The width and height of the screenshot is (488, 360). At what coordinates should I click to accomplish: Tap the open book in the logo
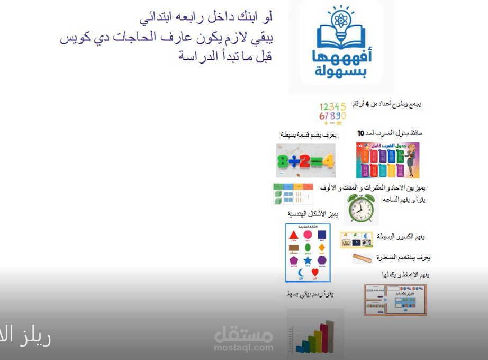pyautogui.click(x=341, y=38)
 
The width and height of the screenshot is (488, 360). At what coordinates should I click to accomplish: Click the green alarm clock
pyautogui.click(x=361, y=210)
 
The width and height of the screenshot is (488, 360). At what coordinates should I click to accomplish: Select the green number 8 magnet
pyautogui.click(x=285, y=160)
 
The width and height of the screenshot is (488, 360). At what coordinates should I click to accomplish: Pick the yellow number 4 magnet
pyautogui.click(x=328, y=160)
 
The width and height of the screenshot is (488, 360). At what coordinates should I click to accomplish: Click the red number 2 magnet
pyautogui.click(x=304, y=160)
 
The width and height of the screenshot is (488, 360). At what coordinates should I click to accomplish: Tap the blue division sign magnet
pyautogui.click(x=294, y=160)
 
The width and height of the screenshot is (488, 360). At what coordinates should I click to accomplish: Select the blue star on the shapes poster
pyautogui.click(x=308, y=260)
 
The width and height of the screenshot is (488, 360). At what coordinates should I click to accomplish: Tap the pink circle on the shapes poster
pyautogui.click(x=308, y=235)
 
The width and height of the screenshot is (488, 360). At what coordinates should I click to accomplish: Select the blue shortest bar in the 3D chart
pyautogui.click(x=302, y=347)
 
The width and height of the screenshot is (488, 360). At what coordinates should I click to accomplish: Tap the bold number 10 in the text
pyautogui.click(x=361, y=133)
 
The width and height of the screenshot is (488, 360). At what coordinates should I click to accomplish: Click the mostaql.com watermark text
pyautogui.click(x=243, y=348)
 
